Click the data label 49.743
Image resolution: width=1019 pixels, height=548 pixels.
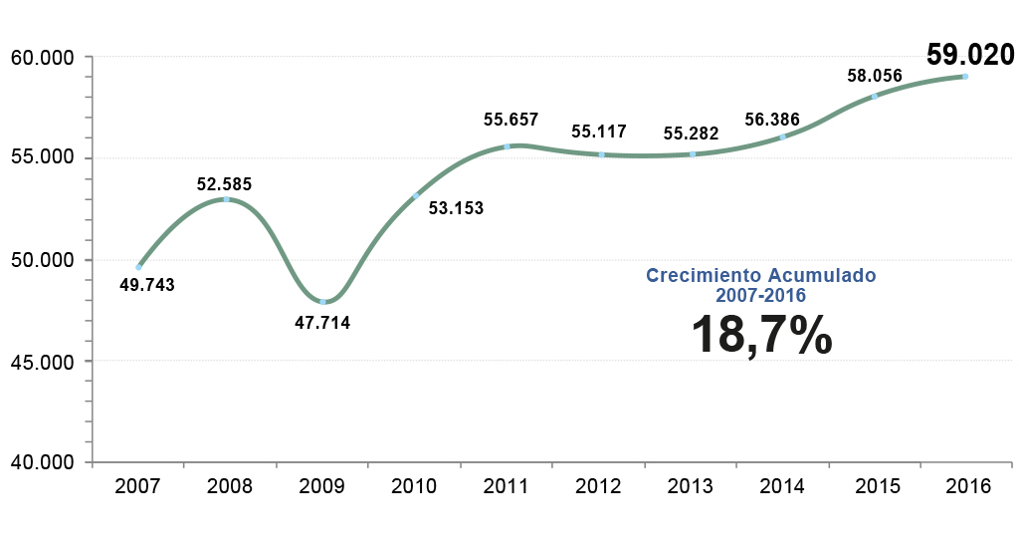[x=146, y=285]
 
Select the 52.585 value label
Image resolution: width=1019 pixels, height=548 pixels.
[x=224, y=183]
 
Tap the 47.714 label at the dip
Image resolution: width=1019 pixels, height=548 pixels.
[x=322, y=322]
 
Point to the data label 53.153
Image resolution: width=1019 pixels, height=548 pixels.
[x=456, y=208]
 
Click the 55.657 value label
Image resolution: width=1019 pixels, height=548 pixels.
[x=510, y=120]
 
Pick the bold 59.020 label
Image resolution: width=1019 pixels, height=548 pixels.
[x=969, y=53]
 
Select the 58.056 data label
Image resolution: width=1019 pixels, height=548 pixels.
[x=875, y=75]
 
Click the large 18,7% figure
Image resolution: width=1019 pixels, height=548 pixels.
[x=761, y=334]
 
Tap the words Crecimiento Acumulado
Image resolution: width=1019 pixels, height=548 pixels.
[x=760, y=275]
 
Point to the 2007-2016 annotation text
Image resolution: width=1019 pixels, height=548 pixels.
[x=760, y=295]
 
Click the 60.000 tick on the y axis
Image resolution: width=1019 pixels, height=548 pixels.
[x=44, y=57]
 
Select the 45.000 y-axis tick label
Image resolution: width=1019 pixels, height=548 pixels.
[x=44, y=361]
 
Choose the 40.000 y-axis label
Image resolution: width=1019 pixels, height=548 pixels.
[x=44, y=462]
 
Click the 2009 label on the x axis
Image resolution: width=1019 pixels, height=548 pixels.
[x=322, y=486]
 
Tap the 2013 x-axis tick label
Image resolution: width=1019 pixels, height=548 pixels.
[x=690, y=486]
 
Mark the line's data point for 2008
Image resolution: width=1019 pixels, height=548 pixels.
[x=226, y=199]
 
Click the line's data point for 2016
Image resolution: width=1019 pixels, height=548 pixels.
[x=965, y=77]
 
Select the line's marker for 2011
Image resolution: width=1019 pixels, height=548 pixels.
[x=508, y=146]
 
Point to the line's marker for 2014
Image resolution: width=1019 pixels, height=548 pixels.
[x=783, y=137]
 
